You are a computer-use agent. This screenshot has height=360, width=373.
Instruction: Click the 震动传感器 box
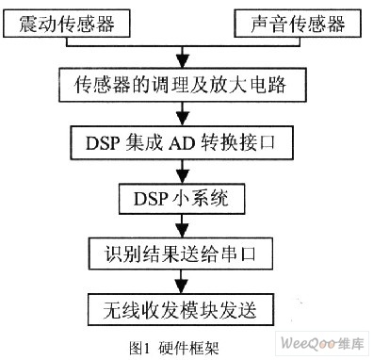[67, 24]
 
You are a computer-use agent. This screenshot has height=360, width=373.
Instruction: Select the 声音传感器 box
[298, 24]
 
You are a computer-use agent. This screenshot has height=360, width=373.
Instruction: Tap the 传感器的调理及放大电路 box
[183, 85]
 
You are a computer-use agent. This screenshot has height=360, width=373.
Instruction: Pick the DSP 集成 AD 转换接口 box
[182, 143]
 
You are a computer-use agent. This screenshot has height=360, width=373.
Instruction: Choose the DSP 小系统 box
[182, 199]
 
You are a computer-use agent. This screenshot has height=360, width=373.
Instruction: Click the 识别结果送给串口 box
[181, 254]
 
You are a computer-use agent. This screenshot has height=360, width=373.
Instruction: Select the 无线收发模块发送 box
[181, 310]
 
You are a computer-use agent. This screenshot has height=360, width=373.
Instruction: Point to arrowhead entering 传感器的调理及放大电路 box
[183, 61]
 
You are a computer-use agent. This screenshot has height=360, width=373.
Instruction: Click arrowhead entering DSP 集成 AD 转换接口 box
[183, 119]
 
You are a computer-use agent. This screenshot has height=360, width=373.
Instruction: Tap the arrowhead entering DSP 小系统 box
[183, 177]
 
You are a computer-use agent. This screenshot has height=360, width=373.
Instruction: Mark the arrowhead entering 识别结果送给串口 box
[183, 231]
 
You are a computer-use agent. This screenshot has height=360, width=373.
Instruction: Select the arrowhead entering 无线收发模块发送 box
[181, 286]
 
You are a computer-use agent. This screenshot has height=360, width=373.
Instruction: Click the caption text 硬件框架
[188, 348]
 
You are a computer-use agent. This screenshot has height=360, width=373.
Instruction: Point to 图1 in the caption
[138, 348]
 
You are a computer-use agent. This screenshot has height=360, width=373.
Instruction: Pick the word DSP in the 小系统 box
[151, 199]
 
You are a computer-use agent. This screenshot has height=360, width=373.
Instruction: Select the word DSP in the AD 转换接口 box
[103, 143]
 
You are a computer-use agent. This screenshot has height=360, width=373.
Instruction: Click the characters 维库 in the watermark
[351, 343]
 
